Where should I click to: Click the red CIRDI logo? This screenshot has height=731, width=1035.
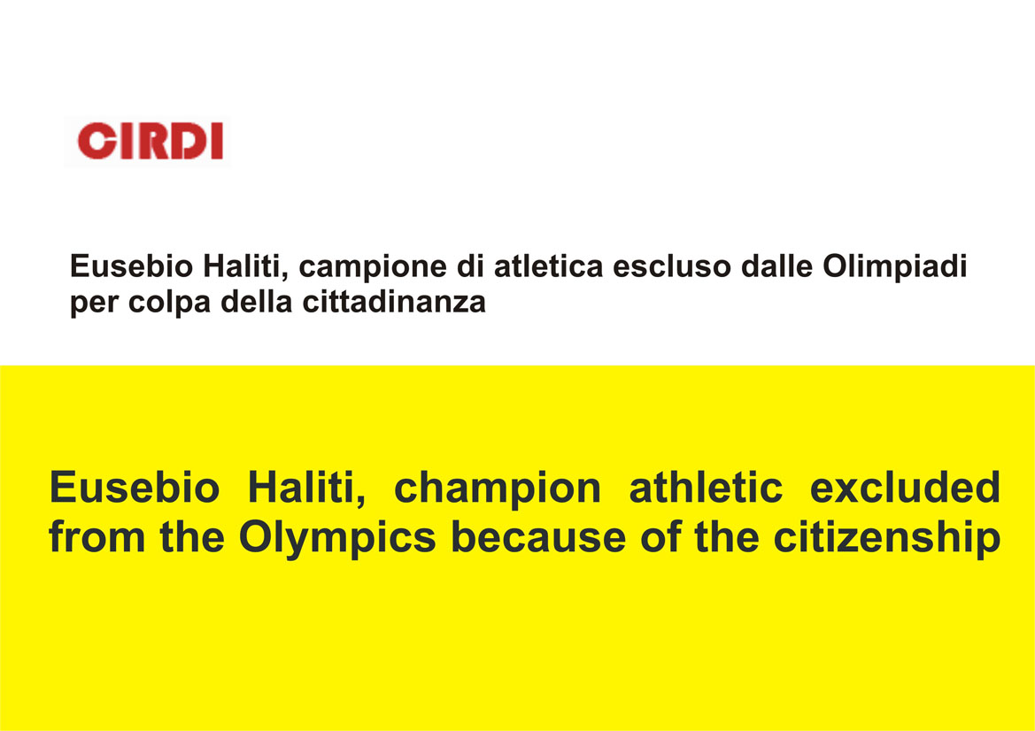[x=151, y=141]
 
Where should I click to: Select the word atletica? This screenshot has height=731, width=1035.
[x=549, y=266]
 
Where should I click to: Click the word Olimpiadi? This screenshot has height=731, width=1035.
[x=894, y=267]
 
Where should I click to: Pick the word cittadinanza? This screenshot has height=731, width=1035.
[x=394, y=302]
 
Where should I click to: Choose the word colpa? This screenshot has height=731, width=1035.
[x=170, y=303]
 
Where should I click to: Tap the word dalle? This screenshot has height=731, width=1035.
[x=776, y=266]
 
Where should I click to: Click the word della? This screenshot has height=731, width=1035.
[x=256, y=302]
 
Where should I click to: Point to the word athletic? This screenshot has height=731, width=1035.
[x=706, y=489]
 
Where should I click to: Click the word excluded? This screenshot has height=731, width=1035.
[x=905, y=489]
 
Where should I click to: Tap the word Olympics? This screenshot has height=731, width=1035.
[x=337, y=539]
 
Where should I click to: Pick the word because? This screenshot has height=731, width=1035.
[x=538, y=537]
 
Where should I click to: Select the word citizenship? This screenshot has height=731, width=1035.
[x=887, y=539]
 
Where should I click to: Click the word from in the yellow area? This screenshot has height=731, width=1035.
[x=97, y=537]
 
